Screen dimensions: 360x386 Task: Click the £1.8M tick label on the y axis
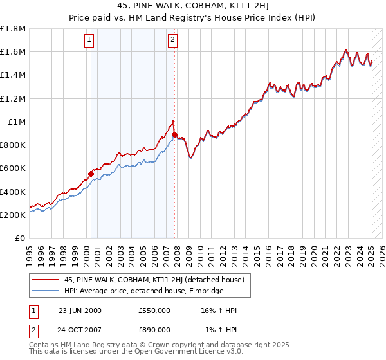click(x=14, y=29)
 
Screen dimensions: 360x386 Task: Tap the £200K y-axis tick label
click(x=14, y=215)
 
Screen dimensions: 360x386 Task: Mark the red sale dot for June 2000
click(x=91, y=173)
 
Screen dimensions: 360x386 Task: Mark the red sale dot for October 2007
click(x=175, y=134)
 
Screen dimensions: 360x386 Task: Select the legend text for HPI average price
click(x=142, y=291)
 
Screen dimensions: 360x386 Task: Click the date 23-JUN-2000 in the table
click(x=80, y=310)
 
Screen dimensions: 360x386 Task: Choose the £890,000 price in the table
click(x=154, y=330)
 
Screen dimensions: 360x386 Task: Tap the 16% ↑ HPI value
click(x=219, y=310)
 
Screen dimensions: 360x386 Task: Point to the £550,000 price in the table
click(x=154, y=310)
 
